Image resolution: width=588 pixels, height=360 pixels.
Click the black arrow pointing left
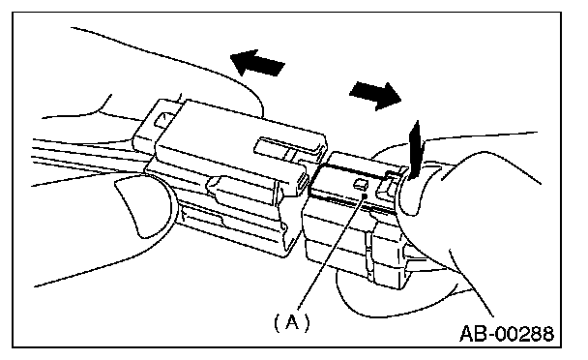[257, 63]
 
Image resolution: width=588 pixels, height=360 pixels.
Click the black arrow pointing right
[376, 96]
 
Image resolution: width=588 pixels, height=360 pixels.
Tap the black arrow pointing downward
[416, 149]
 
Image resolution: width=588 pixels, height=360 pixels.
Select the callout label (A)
[292, 322]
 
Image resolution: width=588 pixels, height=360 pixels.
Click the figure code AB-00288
[507, 333]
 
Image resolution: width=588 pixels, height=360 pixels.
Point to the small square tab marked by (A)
[361, 184]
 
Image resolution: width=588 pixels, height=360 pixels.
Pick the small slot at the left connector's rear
[162, 120]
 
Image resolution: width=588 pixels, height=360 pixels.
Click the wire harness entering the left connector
[90, 156]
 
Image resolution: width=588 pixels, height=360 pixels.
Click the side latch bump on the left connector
[240, 191]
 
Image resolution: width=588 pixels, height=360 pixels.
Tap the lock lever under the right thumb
[388, 185]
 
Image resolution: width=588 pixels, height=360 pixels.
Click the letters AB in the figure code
[473, 333]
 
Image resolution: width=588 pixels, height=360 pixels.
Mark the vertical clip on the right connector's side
[369, 255]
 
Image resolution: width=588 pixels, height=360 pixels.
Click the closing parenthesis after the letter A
[307, 323]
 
